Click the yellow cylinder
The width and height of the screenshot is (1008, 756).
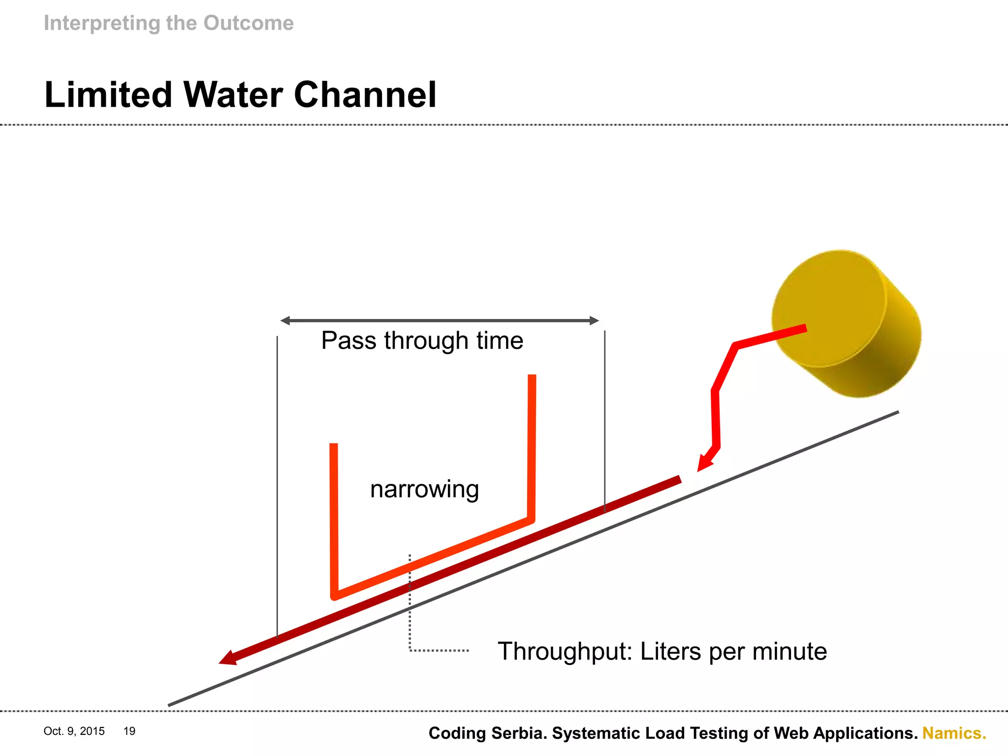click(x=846, y=322)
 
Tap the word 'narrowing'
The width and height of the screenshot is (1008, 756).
click(x=424, y=489)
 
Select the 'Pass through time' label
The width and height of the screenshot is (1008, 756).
click(x=422, y=341)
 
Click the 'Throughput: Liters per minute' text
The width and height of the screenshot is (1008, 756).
click(x=662, y=651)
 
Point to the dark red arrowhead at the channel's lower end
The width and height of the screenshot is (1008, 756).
click(x=228, y=658)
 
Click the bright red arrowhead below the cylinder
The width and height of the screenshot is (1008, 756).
click(x=704, y=463)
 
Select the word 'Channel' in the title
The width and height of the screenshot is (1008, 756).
click(x=365, y=94)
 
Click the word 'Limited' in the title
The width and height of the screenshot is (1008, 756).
click(x=108, y=94)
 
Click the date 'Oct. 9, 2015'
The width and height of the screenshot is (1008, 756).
click(x=74, y=731)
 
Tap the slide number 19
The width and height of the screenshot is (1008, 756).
click(x=129, y=731)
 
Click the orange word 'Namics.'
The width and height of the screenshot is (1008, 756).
click(x=954, y=733)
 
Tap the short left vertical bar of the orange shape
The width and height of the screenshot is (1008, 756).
click(x=334, y=517)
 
